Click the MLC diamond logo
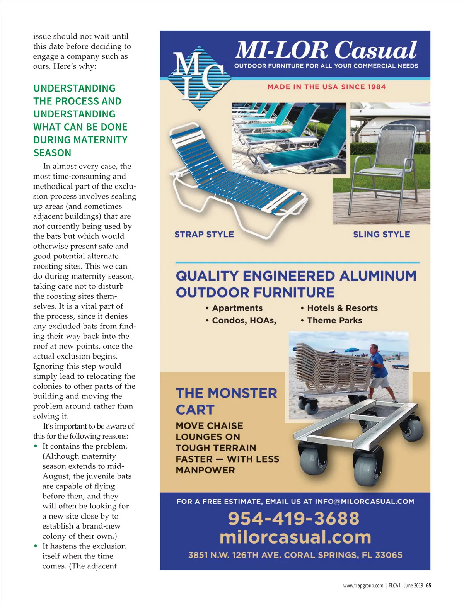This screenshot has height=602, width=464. pyautogui.click(x=200, y=77)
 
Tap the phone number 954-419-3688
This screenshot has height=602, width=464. pyautogui.click(x=293, y=519)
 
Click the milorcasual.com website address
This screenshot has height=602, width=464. pyautogui.click(x=295, y=537)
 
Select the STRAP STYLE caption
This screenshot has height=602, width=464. pyautogui.click(x=204, y=235)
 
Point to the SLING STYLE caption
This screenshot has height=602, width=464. pyautogui.click(x=381, y=235)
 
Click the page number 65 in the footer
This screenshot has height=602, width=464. pyautogui.click(x=428, y=585)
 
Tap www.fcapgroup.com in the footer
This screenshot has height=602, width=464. pyautogui.click(x=363, y=585)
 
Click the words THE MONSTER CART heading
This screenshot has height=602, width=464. pyautogui.click(x=226, y=401)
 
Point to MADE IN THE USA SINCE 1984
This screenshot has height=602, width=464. pyautogui.click(x=326, y=87)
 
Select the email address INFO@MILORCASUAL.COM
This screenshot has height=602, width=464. pyautogui.click(x=364, y=502)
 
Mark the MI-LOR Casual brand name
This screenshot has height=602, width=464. pyautogui.click(x=326, y=51)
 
